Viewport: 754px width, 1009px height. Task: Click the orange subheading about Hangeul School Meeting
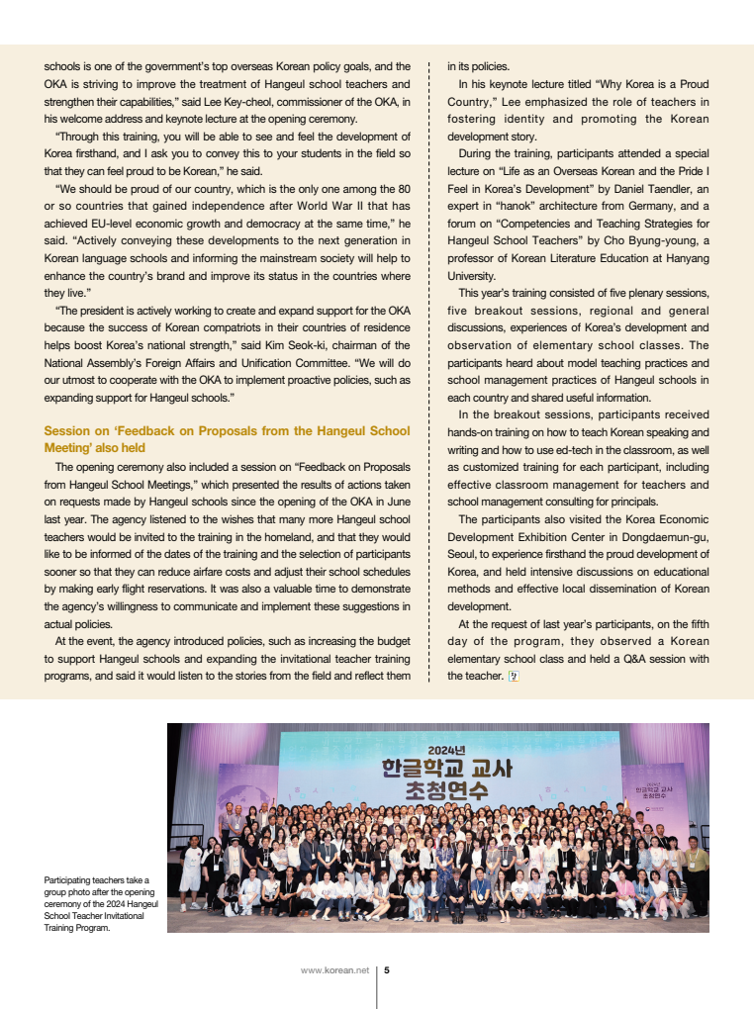[x=227, y=439]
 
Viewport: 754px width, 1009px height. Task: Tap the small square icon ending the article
[x=513, y=678]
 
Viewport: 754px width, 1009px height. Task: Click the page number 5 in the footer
[x=387, y=969]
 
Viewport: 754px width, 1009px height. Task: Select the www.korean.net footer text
[x=334, y=969]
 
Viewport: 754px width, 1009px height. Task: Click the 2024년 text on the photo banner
[x=447, y=749]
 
